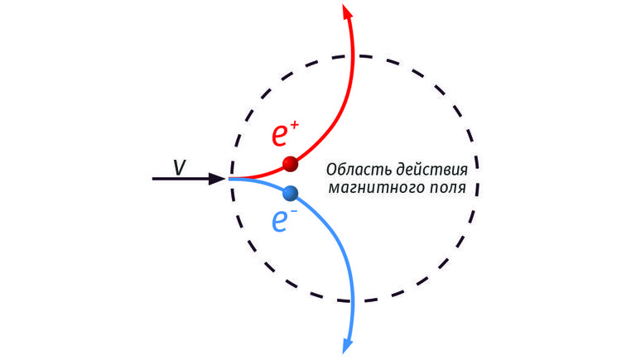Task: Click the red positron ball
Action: tap(291, 164)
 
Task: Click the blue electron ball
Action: tap(291, 194)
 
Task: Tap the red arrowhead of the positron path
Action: tap(347, 12)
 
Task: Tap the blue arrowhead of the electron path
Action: tap(348, 346)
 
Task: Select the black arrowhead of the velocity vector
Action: tap(217, 179)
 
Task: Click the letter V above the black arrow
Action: tap(180, 166)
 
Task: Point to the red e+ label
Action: tap(285, 133)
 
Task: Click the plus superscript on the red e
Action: tap(295, 125)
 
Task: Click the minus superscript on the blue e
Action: tap(294, 211)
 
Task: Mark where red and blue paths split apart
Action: tap(230, 179)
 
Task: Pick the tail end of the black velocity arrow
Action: tap(153, 179)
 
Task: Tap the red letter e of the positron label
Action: tap(280, 136)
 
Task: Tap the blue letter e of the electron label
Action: tap(280, 222)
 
